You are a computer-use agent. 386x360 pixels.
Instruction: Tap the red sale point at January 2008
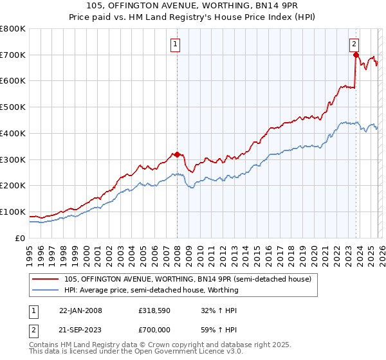click(177, 154)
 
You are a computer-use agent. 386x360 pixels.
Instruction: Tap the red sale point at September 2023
click(355, 55)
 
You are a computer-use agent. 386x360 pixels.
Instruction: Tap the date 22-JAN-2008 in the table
click(80, 310)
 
